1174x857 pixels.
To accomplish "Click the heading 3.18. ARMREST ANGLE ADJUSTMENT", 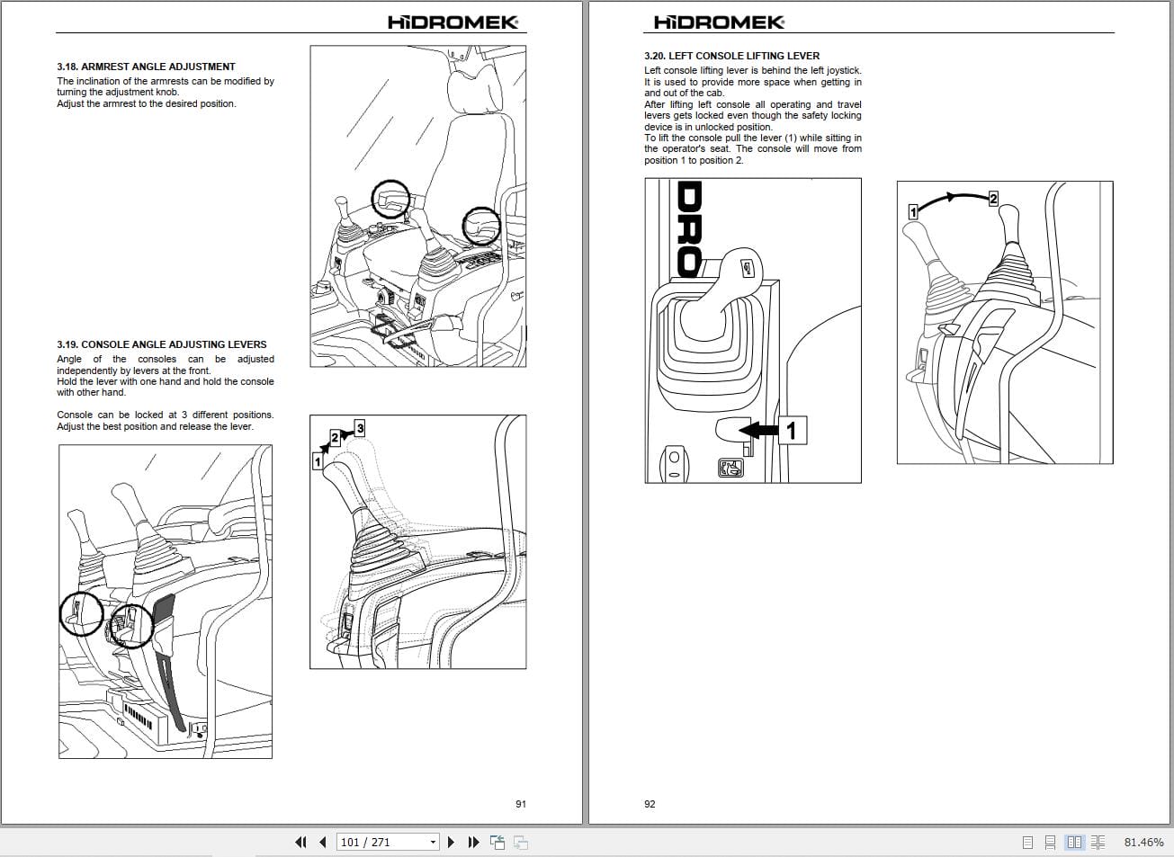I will (146, 67).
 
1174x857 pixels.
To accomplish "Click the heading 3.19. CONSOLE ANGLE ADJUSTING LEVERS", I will (161, 344).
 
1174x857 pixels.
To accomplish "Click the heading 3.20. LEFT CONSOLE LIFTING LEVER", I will (731, 56).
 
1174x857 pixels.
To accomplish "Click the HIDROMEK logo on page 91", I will (453, 22).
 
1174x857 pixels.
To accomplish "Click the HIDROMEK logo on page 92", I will (719, 22).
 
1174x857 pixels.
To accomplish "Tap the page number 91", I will (520, 804).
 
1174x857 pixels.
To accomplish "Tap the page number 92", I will (650, 804).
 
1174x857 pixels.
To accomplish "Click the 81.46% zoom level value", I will (1143, 843).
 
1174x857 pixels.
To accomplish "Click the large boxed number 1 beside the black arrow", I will (791, 431).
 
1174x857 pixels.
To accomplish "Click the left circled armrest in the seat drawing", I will (390, 201).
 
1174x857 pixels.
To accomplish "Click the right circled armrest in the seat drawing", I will (481, 226).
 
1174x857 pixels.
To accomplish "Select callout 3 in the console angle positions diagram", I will (360, 427).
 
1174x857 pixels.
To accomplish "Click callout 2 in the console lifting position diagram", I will (993, 198).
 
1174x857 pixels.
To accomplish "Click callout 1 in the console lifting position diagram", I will (912, 211).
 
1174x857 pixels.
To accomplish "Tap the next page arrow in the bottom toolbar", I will (452, 843).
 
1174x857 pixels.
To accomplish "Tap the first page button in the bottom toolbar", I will (300, 843).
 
